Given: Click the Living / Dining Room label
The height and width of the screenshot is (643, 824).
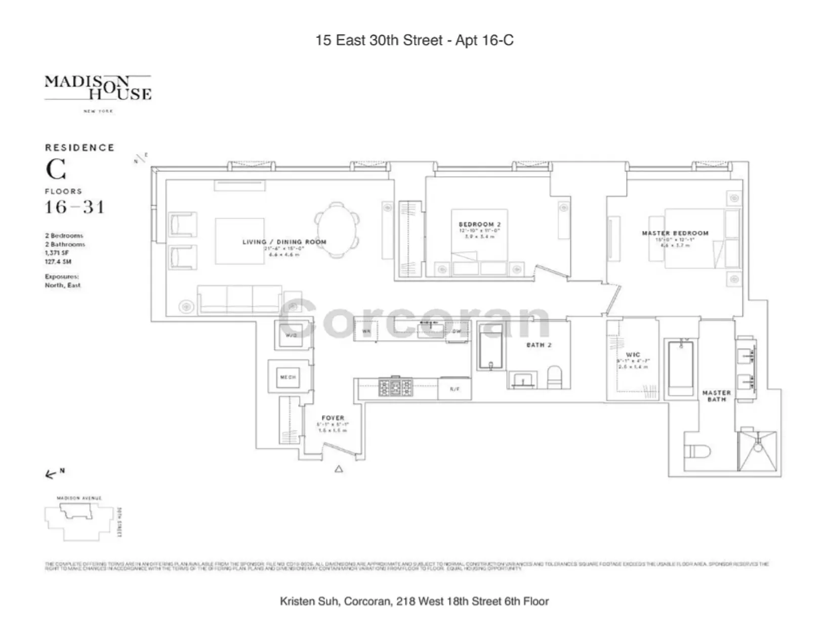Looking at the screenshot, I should (284, 242).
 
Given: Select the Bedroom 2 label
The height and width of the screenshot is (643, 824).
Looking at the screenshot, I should (479, 224).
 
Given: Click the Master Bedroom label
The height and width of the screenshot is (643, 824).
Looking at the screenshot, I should (675, 233).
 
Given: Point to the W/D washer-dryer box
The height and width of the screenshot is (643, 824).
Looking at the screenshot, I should (291, 335).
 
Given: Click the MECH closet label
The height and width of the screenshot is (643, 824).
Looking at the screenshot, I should (288, 377).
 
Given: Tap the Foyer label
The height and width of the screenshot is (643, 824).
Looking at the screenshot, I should (333, 418).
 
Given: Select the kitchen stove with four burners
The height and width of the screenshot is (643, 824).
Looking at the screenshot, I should (395, 388).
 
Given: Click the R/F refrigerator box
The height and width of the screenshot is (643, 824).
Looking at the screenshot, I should (455, 389).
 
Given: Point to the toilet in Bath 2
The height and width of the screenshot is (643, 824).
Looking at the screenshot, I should (555, 377).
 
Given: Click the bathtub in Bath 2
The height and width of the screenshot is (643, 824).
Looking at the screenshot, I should (490, 347).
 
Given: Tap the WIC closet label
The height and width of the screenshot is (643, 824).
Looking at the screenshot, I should (633, 355).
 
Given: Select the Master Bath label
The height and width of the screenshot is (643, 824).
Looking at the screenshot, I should (716, 396).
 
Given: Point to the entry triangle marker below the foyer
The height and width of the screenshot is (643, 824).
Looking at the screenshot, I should (339, 469).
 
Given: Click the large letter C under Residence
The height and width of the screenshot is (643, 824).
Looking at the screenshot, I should (56, 170).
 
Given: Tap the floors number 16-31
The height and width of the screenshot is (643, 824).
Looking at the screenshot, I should (74, 207).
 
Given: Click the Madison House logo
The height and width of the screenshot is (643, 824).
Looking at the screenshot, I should (98, 89).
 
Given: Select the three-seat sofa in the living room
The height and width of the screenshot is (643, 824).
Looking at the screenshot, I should (239, 300).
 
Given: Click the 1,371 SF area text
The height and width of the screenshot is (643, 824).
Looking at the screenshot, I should (57, 253).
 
